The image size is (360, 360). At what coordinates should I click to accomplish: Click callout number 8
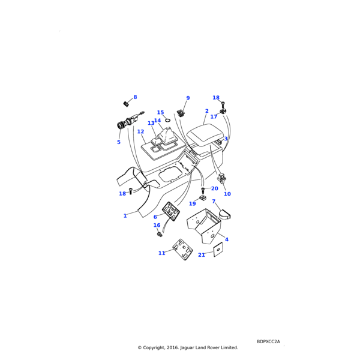pos(135,97)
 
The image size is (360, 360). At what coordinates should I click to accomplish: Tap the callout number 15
pos(160,112)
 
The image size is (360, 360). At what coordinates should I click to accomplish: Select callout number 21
pos(202,255)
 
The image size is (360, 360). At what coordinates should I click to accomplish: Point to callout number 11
pos(161,253)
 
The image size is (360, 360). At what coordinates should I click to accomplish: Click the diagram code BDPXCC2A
pos(268,341)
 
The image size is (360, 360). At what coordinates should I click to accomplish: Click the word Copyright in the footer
pos(154,347)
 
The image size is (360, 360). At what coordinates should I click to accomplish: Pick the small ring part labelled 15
pos(167,119)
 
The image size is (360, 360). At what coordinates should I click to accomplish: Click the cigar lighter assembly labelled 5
pos(130,121)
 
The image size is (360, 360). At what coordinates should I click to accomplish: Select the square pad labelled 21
pos(218,250)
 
